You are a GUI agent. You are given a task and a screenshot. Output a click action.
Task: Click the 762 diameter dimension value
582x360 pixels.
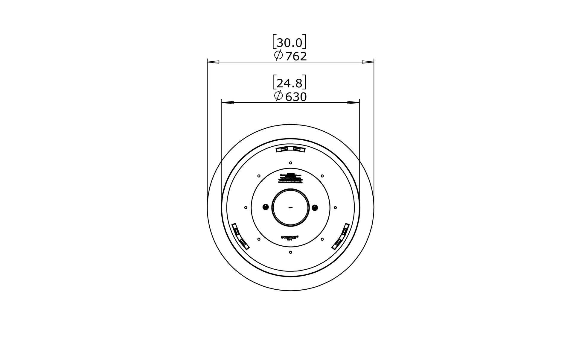(296, 57)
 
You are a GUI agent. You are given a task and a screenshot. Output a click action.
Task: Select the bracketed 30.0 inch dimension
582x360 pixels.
(290, 43)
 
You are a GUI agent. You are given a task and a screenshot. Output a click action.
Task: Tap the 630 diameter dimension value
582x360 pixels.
(296, 97)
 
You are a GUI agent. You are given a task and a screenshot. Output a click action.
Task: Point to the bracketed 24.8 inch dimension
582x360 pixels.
(290, 83)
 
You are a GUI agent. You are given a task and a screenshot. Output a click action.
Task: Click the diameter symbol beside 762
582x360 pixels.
(278, 55)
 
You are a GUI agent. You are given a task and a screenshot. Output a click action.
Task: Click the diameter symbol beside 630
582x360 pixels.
(278, 96)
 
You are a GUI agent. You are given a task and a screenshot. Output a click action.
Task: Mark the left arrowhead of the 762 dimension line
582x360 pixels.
(213, 62)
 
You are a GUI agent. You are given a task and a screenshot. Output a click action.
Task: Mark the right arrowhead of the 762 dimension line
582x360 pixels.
(368, 62)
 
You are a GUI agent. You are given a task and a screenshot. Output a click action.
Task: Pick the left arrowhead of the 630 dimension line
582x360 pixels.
(228, 103)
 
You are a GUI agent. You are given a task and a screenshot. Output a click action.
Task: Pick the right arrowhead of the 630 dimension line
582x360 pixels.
(353, 103)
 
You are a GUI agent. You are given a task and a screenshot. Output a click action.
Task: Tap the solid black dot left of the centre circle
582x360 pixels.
(265, 207)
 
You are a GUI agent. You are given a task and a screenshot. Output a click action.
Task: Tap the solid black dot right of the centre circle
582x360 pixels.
(315, 207)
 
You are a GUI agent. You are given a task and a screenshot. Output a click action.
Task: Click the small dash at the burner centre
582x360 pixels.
(290, 207)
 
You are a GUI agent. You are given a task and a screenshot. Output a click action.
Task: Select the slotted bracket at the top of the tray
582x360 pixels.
(290, 149)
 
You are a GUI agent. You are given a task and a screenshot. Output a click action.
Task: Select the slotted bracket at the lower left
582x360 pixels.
(240, 236)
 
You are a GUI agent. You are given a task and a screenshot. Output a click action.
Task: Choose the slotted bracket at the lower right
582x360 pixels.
(341, 236)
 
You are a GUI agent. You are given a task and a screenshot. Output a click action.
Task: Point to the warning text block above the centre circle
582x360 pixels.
(290, 178)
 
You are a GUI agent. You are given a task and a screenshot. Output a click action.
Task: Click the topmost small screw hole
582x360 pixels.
(290, 163)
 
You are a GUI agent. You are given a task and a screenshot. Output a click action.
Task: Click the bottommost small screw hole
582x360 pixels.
(290, 252)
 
